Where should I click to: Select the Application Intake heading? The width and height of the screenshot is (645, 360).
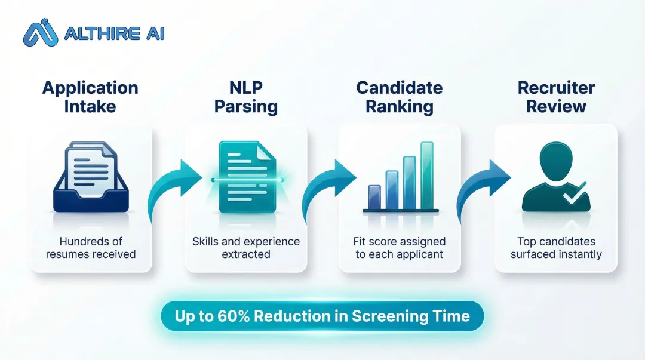(x=90, y=97)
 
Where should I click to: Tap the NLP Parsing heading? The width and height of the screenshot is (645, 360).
(x=245, y=97)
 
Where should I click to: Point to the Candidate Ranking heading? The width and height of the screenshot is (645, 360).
(x=400, y=97)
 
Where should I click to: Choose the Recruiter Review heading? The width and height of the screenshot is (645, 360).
(x=556, y=97)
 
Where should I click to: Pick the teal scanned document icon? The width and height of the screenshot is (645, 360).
(x=247, y=177)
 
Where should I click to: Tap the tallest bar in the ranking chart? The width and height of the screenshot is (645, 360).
(x=426, y=174)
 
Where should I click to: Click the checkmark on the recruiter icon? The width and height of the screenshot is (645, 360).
(x=575, y=194)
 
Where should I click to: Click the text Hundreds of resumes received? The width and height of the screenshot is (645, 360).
(x=90, y=248)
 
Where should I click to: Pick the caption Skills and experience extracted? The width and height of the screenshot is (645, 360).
(x=245, y=248)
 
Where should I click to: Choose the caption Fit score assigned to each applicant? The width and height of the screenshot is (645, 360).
(x=400, y=248)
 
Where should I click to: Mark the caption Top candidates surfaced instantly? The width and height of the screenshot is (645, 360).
(x=556, y=248)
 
